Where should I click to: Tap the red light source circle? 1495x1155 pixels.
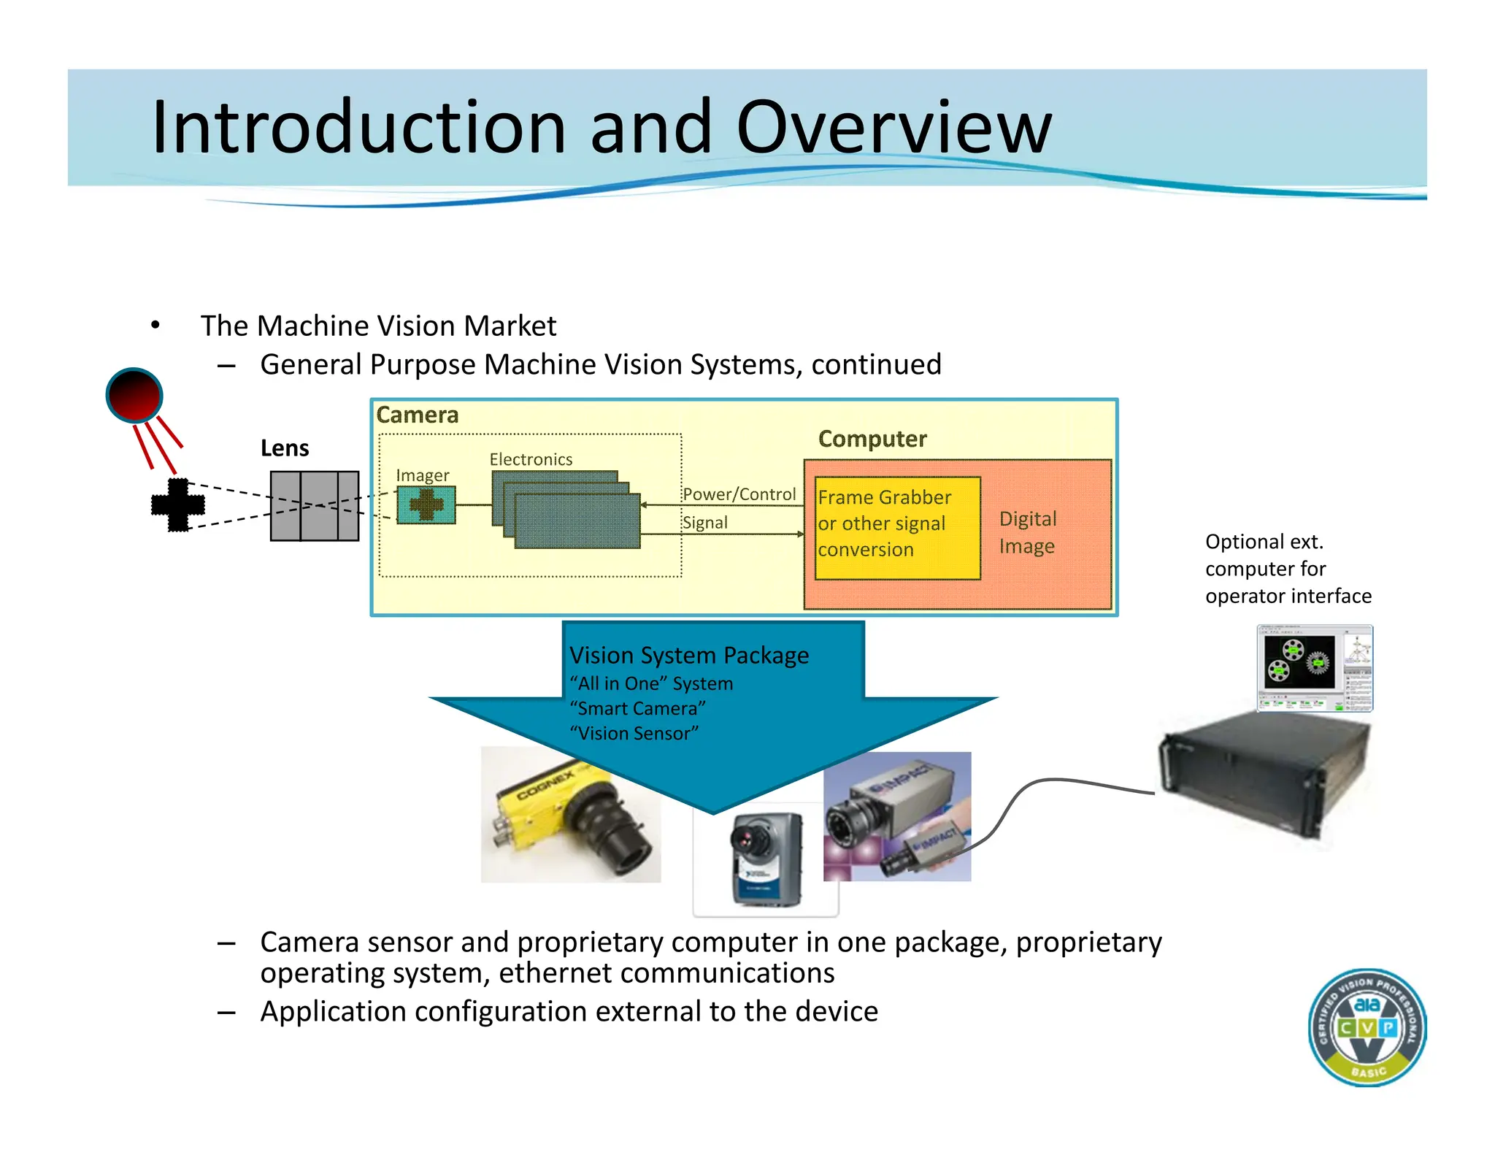[x=134, y=395]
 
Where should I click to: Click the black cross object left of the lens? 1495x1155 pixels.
[x=177, y=504]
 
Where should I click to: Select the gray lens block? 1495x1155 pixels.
[x=315, y=505]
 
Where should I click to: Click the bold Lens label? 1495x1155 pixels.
[x=285, y=448]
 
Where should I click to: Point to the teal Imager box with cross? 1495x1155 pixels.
[x=426, y=505]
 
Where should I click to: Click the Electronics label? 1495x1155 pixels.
[x=531, y=459]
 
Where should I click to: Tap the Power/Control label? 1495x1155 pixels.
[x=739, y=494]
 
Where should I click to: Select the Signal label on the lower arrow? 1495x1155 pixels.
[x=704, y=523]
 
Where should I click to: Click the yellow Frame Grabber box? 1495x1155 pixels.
[x=896, y=528]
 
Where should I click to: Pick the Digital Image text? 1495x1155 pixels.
[x=1027, y=532]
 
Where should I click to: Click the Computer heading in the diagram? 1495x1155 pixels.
[x=872, y=439]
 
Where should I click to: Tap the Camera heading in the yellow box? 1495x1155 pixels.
[x=418, y=415]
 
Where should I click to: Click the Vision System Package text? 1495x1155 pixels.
[x=688, y=655]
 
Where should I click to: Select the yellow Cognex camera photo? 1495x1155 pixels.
[x=570, y=814]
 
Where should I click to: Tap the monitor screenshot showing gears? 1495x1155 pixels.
[x=1314, y=667]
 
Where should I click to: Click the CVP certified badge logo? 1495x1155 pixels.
[x=1367, y=1027]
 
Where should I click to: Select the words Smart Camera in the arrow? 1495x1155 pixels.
[x=637, y=708]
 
